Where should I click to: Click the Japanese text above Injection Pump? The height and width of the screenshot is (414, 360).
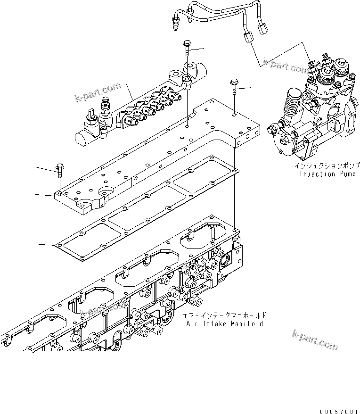click(x=327, y=166)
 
